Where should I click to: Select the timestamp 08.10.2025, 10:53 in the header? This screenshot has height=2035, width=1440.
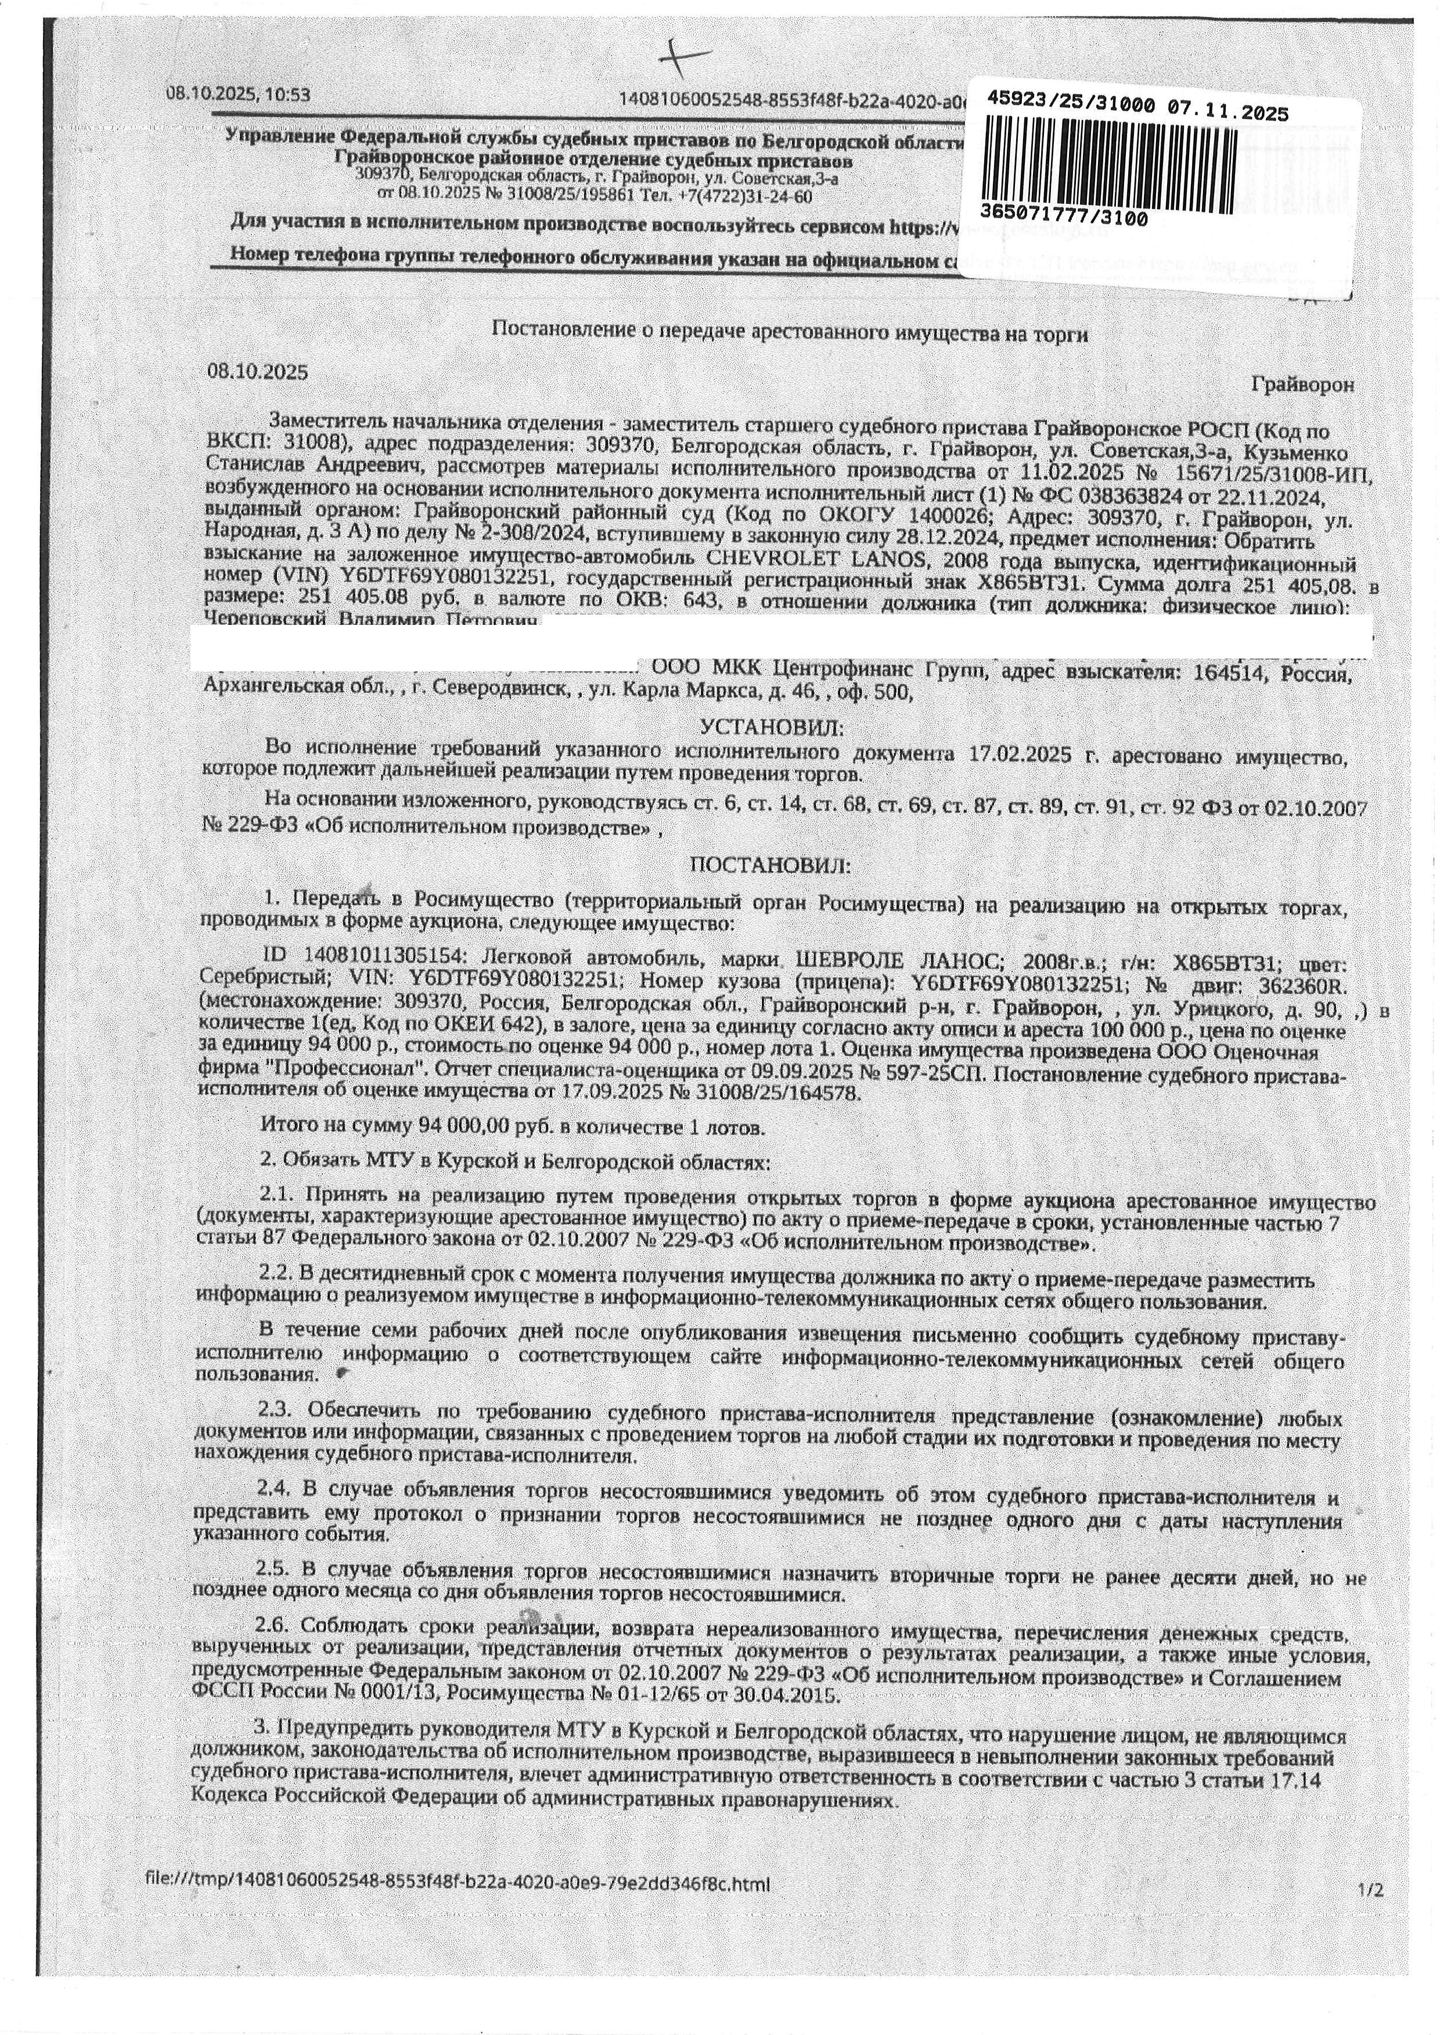239,95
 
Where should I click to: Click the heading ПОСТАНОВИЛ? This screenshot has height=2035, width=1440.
770,865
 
